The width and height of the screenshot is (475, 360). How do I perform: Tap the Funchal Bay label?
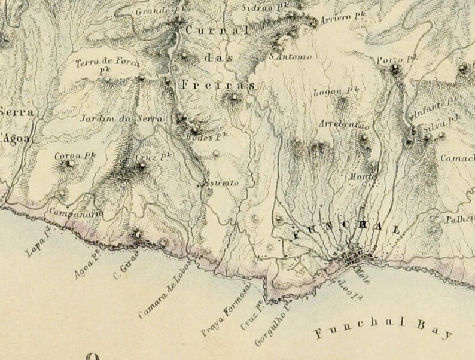click(383, 328)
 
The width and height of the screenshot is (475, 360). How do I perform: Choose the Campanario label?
click(75, 213)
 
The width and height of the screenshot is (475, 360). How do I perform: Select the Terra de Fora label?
click(108, 63)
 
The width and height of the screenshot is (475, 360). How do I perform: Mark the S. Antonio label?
click(291, 57)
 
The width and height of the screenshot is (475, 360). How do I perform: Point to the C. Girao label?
click(125, 262)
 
